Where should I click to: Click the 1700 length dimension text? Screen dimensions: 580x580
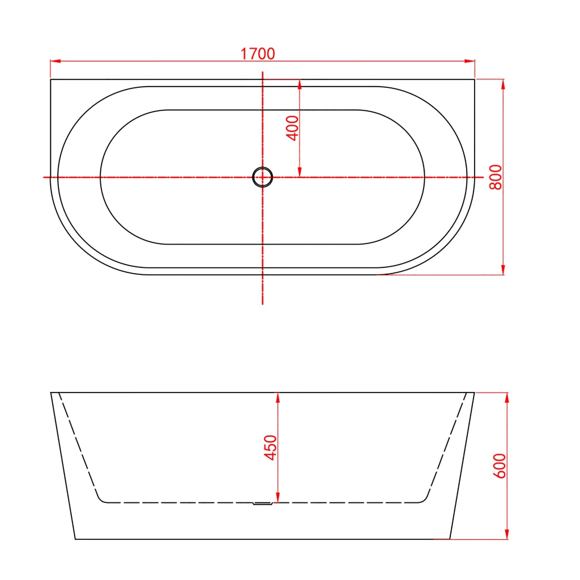pos(258,54)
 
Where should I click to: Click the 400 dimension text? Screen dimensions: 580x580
pos(293,128)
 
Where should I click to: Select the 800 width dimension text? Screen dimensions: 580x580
pos(496,177)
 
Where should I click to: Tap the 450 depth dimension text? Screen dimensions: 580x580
pos(271,447)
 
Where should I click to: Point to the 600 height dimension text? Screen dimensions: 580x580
pos(500,466)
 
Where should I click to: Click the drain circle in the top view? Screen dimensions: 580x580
pos(263,177)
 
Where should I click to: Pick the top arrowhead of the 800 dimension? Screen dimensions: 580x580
pos(503,84)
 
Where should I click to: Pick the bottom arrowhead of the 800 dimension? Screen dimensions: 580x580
pos(503,270)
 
